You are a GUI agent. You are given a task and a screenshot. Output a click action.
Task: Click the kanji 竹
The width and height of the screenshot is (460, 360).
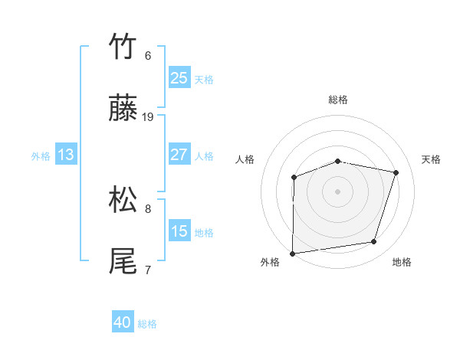tap(123, 47)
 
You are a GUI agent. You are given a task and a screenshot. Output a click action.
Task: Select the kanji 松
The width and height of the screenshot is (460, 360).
tap(123, 200)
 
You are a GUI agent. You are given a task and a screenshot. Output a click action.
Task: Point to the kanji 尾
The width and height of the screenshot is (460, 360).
tap(123, 261)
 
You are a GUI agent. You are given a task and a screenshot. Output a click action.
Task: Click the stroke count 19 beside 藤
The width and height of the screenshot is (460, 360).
tap(148, 117)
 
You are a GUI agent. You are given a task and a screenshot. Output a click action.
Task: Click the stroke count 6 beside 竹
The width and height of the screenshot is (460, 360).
tap(148, 56)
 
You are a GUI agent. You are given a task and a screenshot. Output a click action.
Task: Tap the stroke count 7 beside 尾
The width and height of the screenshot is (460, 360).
tap(148, 270)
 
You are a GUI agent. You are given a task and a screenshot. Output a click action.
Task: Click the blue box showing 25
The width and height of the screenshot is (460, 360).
tap(179, 78)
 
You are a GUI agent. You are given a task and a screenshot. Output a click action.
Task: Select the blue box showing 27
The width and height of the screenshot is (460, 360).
tap(179, 155)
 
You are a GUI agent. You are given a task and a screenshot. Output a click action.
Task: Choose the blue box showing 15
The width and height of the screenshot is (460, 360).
tap(179, 231)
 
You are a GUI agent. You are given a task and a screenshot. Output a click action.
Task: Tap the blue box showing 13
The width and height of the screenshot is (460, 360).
tap(66, 155)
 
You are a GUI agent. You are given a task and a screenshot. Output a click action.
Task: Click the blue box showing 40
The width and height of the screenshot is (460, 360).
tap(123, 323)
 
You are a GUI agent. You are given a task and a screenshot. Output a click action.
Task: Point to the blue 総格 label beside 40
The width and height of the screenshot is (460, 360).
tap(147, 324)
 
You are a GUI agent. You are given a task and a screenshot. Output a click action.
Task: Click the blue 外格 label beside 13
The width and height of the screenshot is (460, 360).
tap(41, 156)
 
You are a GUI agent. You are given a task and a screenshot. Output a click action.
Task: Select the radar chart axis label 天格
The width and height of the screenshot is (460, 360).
tap(431, 159)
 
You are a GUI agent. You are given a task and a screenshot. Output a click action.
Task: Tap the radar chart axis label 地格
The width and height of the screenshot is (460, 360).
tap(402, 262)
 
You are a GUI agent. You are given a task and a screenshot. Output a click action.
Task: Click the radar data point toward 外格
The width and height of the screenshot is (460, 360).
tap(293, 253)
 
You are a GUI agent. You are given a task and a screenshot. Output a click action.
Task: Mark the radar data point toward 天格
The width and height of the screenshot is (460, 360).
tap(396, 172)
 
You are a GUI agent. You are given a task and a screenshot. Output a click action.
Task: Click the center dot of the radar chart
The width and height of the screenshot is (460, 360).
tap(337, 191)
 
